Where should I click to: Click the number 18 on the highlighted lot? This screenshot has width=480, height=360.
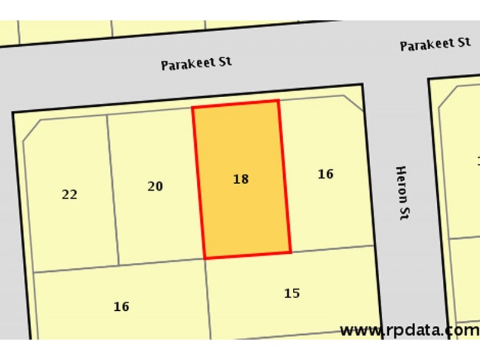(x=241, y=179)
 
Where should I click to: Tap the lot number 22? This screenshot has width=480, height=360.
(x=70, y=194)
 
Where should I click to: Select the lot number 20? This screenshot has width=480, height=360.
(x=155, y=187)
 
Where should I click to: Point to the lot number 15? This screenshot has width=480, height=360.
(x=292, y=293)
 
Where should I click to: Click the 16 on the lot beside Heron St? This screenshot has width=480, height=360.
(x=325, y=174)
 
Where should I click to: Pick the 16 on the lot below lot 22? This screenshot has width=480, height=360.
(x=121, y=307)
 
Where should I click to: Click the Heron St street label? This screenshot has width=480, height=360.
(x=402, y=193)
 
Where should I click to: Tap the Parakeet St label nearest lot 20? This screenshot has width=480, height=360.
(x=196, y=63)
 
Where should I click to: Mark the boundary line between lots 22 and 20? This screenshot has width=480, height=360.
(x=113, y=189)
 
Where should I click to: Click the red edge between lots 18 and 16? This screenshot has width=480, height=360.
(x=284, y=177)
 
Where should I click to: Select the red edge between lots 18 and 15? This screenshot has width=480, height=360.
(x=248, y=256)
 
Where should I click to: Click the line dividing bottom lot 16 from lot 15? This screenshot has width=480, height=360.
(x=208, y=297)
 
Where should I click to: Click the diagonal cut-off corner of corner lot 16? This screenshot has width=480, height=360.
(x=353, y=103)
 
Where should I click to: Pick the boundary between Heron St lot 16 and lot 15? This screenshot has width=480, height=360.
(x=333, y=249)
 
